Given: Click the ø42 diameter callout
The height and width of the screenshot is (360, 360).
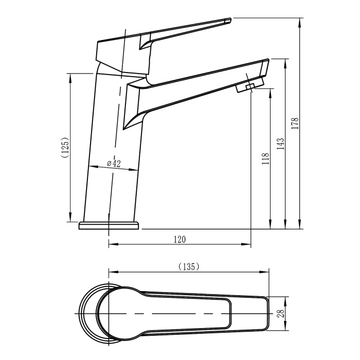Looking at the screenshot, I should point(114,164).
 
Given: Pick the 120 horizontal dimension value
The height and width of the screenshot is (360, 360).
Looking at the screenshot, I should point(179,239).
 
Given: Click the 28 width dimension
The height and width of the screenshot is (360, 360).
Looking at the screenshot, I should point(281,313).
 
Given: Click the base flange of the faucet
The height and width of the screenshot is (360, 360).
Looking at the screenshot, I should point(109,225).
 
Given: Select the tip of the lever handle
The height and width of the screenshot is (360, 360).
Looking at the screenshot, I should point(227,21).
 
